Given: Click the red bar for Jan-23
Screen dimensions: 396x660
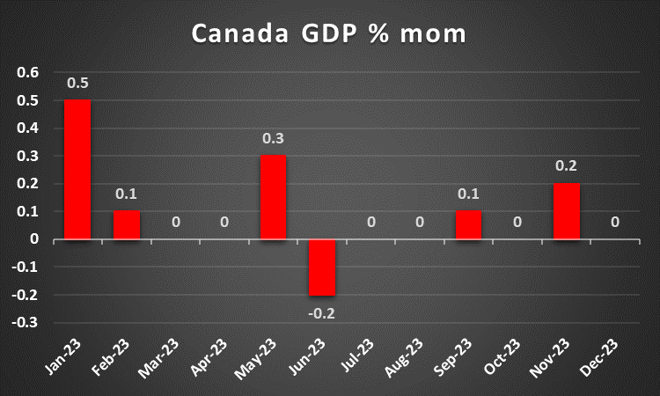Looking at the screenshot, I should click(x=77, y=169).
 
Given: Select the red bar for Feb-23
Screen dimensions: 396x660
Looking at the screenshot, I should click(x=127, y=224).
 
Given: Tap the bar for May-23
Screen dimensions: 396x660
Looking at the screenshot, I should click(x=273, y=197).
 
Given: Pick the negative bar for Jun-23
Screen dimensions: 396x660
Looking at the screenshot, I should click(x=322, y=267).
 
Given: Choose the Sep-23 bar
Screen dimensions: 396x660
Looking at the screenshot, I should click(x=469, y=224).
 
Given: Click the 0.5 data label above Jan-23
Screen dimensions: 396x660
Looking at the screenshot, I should click(x=77, y=84).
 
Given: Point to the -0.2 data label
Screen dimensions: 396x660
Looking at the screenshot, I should click(x=322, y=312).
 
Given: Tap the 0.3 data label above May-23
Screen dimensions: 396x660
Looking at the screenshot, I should click(x=273, y=139).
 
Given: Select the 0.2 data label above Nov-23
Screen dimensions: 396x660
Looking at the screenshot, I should click(x=567, y=166).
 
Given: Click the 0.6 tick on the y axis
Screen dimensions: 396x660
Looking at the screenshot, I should click(x=28, y=73).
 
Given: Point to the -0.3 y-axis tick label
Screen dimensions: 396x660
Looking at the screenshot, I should click(x=26, y=322).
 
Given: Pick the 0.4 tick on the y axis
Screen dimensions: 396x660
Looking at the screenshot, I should click(x=28, y=128).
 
